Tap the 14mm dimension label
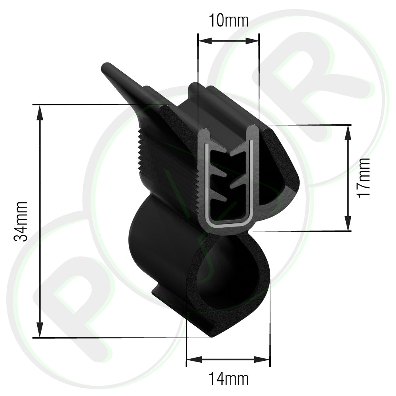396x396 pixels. click(x=228, y=379)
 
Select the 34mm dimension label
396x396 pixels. click(x=21, y=221)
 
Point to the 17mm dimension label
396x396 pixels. click(x=364, y=178)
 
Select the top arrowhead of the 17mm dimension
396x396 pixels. click(x=348, y=132)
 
